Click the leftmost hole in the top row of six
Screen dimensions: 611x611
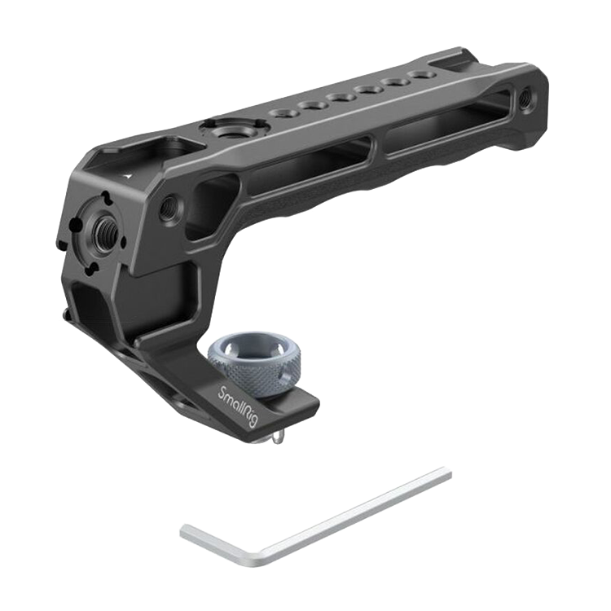[283, 113]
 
